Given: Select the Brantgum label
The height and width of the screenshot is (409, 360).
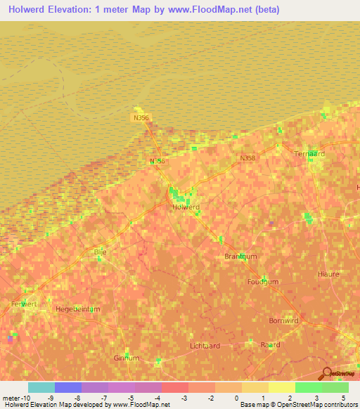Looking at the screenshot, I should pyautogui.click(x=240, y=257).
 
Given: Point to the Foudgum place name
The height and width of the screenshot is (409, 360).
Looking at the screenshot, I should pyautogui.click(x=263, y=282).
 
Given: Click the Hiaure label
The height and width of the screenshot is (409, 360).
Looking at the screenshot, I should pyautogui.click(x=328, y=275).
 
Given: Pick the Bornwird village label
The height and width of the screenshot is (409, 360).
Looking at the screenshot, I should pyautogui.click(x=283, y=320).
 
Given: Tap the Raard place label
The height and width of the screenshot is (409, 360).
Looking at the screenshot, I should pyautogui.click(x=270, y=344).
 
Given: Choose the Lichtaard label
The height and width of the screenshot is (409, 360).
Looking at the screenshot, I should pyautogui.click(x=205, y=346).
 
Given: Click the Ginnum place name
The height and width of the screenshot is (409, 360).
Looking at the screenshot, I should pyautogui.click(x=126, y=358).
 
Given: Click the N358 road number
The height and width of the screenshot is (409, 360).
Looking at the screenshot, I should pyautogui.click(x=247, y=159).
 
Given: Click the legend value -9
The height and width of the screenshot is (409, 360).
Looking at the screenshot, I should pyautogui.click(x=49, y=398).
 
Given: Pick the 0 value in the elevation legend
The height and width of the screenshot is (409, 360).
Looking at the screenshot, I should pyautogui.click(x=236, y=398).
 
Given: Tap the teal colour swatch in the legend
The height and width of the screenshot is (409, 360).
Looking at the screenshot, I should pyautogui.click(x=41, y=387).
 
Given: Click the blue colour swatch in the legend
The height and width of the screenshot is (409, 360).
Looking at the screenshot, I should pyautogui.click(x=68, y=387).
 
